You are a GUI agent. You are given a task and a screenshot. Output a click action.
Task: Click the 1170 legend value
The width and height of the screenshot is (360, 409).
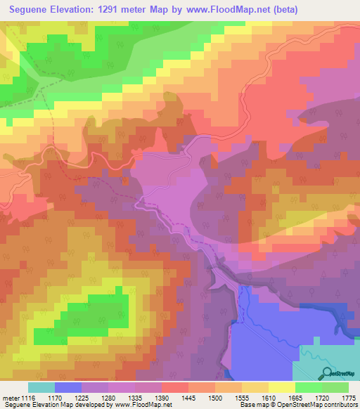click(x=67, y=398)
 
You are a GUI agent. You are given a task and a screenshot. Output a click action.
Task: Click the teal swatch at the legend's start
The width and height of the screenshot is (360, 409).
click(x=41, y=387)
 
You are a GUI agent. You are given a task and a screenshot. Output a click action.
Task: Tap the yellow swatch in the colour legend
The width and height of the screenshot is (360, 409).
click(x=281, y=387)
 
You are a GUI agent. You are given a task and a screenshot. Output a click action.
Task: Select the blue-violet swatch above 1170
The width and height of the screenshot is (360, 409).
click(x=68, y=387)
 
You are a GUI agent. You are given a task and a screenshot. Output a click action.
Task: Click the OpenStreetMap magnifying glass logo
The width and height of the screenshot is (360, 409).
click(x=326, y=373)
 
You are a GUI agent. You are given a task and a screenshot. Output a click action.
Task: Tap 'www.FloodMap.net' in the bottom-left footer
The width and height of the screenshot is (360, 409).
click(x=144, y=405)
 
